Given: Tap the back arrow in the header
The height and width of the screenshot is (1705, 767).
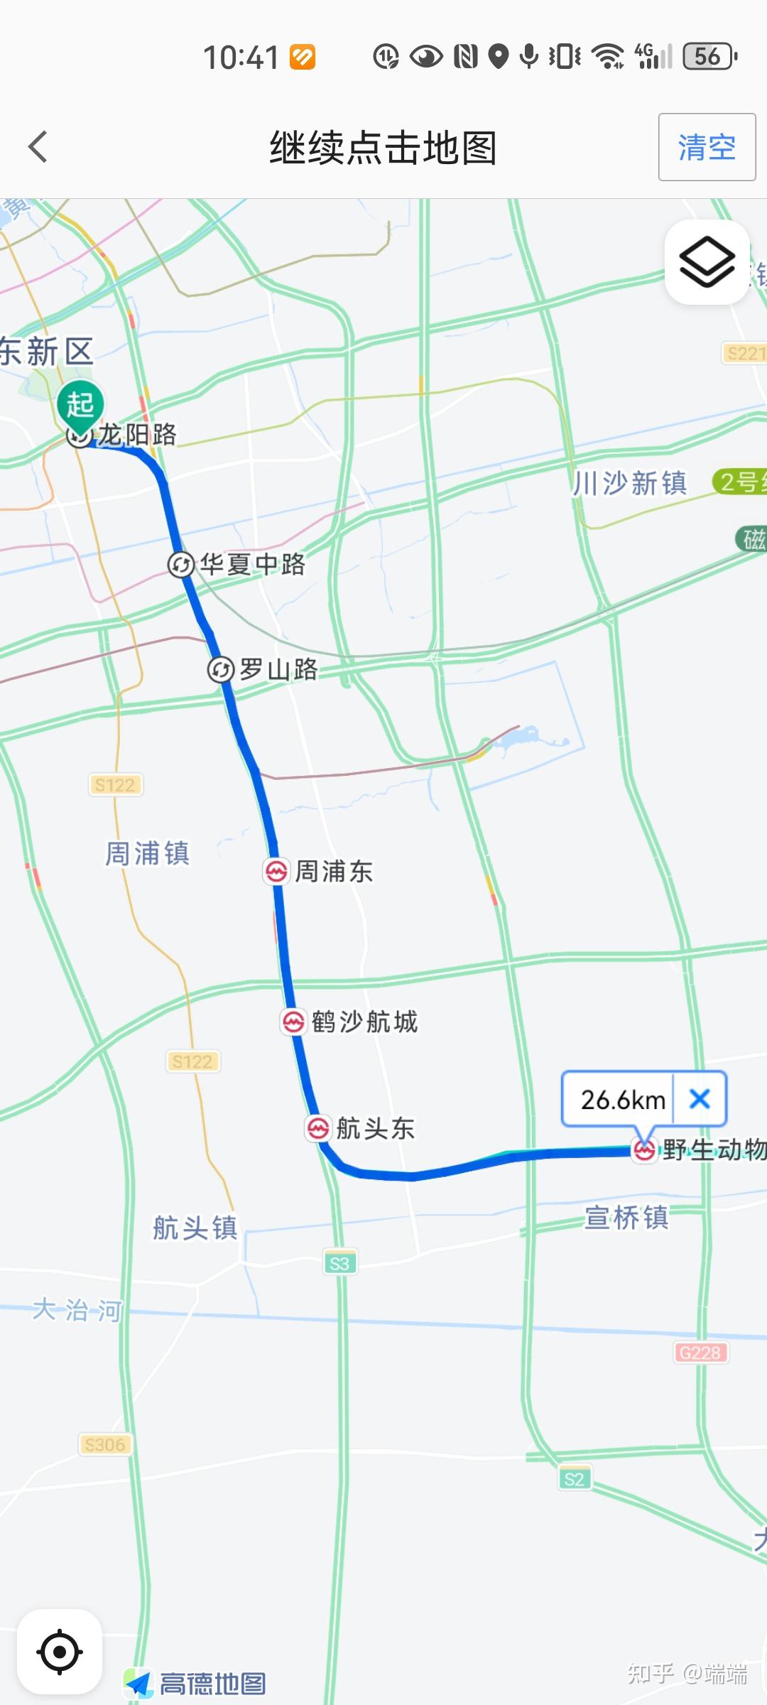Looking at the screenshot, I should [x=38, y=147].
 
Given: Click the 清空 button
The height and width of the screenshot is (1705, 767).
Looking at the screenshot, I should [x=706, y=147].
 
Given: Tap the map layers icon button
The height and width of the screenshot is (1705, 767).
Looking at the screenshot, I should [x=707, y=262].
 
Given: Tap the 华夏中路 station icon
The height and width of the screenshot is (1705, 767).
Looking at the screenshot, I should [x=180, y=565].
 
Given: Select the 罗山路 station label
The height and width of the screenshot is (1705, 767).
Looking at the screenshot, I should [x=278, y=669].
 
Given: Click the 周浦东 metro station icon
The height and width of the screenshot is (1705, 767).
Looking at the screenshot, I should [x=276, y=871].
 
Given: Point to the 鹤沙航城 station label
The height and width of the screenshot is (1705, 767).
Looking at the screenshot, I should [x=364, y=1022].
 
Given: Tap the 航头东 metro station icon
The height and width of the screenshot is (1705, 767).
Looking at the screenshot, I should [x=317, y=1128].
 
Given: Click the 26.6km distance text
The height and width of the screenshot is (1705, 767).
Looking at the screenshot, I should [x=623, y=1100].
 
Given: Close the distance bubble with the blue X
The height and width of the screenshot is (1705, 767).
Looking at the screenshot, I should [x=700, y=1099].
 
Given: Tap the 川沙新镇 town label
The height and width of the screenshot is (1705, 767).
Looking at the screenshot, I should [x=630, y=483].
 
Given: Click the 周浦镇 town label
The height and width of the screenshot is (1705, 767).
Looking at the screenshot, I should [x=147, y=853].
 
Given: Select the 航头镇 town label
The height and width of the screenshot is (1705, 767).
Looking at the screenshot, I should [x=195, y=1228].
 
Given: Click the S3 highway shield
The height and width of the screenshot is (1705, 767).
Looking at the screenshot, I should [x=339, y=1263].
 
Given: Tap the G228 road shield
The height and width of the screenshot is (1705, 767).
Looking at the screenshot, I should [x=700, y=1353].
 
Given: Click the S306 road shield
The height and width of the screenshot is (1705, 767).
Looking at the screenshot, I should [x=104, y=1444].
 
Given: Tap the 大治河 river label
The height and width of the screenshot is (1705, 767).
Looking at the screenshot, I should [x=77, y=1309].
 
